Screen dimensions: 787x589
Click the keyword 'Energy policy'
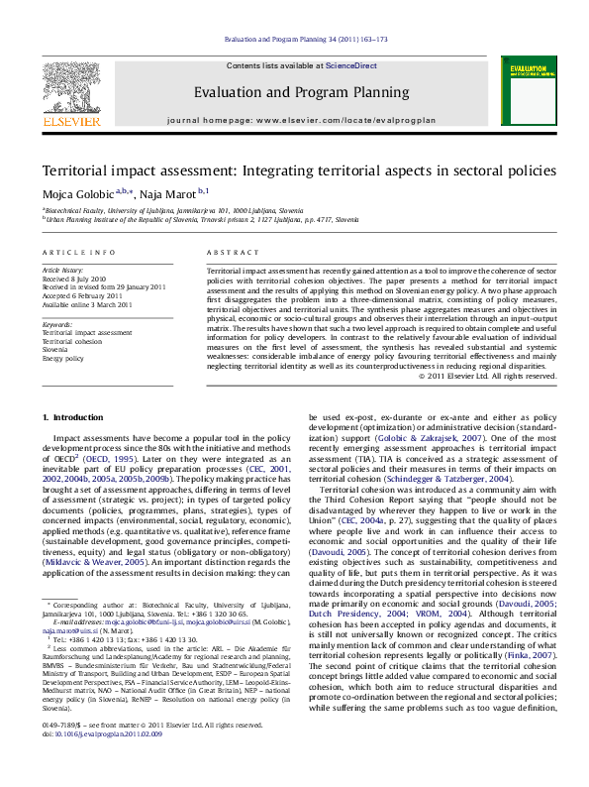pyautogui.click(x=62, y=358)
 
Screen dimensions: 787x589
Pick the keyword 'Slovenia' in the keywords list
pyautogui.click(x=55, y=350)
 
